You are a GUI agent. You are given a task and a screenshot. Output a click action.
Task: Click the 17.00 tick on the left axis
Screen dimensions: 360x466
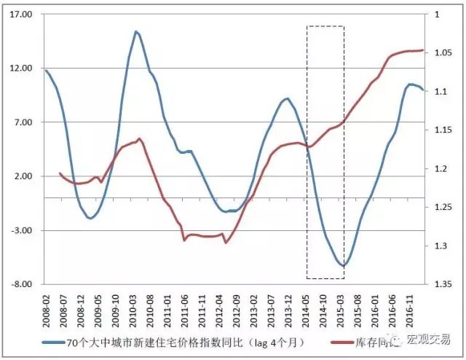tap(24, 15)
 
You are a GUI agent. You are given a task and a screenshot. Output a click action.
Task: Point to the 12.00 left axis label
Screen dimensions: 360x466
tap(24, 69)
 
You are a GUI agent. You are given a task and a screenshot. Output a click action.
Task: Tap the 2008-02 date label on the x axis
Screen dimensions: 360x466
tap(47, 306)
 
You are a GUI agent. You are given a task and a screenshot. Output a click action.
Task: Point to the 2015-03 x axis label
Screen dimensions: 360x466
tap(341, 306)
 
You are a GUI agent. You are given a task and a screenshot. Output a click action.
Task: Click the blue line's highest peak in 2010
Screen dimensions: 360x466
tap(136, 31)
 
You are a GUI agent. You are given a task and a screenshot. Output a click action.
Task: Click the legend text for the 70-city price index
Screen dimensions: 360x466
tap(182, 341)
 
